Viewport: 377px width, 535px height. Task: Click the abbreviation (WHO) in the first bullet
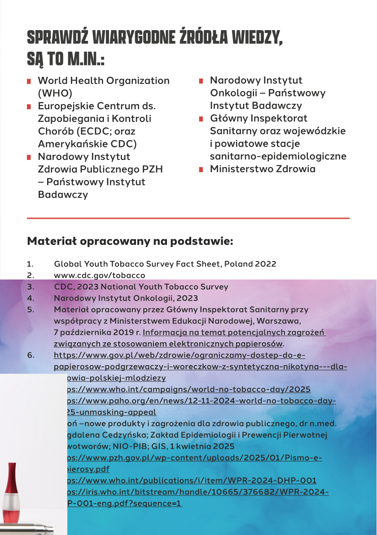pyautogui.click(x=55, y=93)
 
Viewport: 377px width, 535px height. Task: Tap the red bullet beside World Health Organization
pyautogui.click(x=29, y=81)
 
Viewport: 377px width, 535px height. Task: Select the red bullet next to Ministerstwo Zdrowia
pyautogui.click(x=201, y=170)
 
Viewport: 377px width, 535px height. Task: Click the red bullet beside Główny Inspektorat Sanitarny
pyautogui.click(x=201, y=119)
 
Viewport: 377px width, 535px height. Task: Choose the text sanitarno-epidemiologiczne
pyautogui.click(x=278, y=156)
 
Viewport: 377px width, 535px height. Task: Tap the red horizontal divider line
pyautogui.click(x=188, y=218)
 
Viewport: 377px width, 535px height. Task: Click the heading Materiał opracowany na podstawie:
pyautogui.click(x=130, y=241)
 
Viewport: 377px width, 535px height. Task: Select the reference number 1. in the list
pyautogui.click(x=30, y=264)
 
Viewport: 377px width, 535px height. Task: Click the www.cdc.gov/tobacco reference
pyautogui.click(x=99, y=275)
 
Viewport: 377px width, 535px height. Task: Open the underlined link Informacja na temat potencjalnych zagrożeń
pyautogui.click(x=233, y=333)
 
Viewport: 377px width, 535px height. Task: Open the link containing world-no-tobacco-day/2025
pyautogui.click(x=188, y=389)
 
